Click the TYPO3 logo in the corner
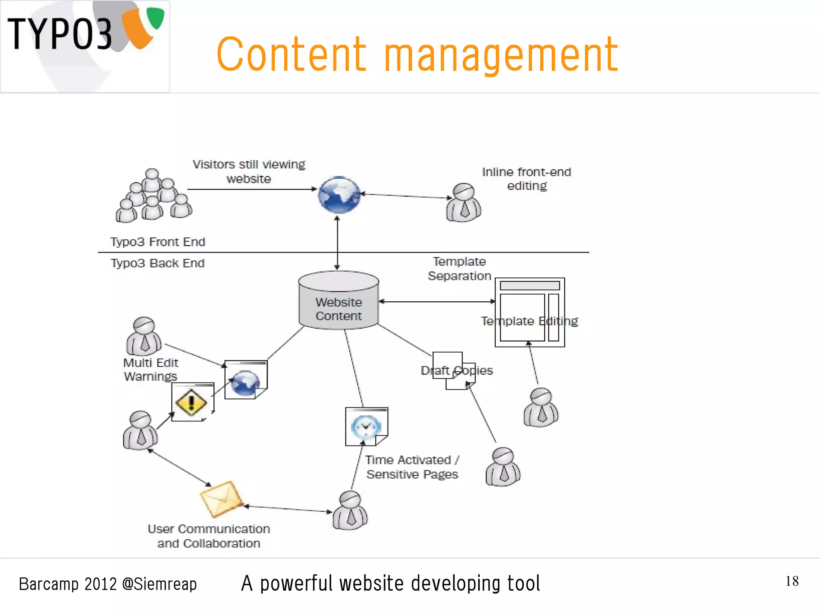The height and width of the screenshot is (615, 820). click(x=85, y=46)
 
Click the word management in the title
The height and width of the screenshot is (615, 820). click(x=501, y=55)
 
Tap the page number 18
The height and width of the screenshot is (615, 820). click(x=792, y=581)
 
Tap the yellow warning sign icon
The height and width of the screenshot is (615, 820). click(x=191, y=402)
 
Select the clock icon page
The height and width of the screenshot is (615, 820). click(x=366, y=426)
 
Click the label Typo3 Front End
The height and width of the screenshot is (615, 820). click(x=158, y=242)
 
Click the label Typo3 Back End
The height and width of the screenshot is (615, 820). click(x=158, y=263)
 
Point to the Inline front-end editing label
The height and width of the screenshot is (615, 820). click(x=527, y=179)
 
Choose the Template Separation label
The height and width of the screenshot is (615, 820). click(x=459, y=268)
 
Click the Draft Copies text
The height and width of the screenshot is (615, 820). click(x=456, y=371)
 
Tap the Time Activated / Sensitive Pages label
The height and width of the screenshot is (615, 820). click(x=412, y=467)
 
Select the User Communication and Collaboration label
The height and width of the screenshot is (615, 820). click(x=209, y=536)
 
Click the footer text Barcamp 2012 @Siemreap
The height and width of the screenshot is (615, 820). click(x=108, y=584)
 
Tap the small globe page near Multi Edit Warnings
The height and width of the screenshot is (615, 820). click(x=245, y=380)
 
